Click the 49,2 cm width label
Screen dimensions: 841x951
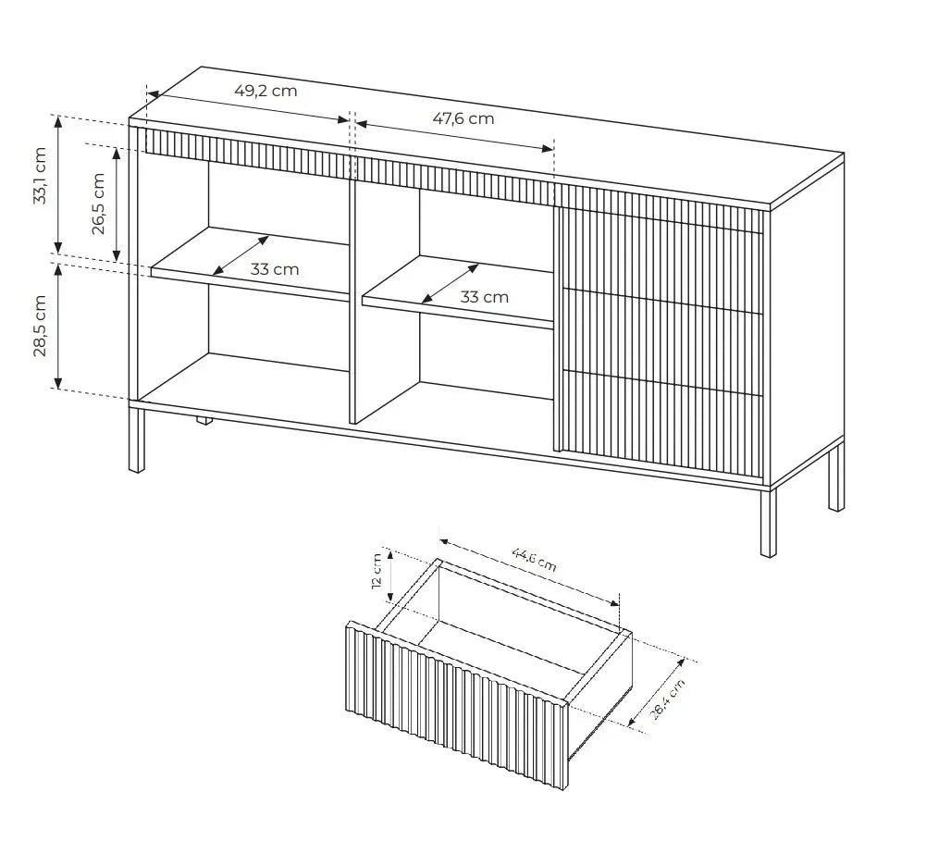pyautogui.click(x=266, y=91)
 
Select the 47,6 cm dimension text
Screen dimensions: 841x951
pyautogui.click(x=463, y=117)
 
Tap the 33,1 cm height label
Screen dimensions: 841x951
pyautogui.click(x=40, y=176)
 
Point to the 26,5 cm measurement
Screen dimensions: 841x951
pyautogui.click(x=98, y=204)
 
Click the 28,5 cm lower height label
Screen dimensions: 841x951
pyautogui.click(x=40, y=326)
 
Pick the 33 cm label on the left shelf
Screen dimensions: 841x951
pyautogui.click(x=275, y=269)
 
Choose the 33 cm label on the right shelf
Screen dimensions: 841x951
pyautogui.click(x=485, y=297)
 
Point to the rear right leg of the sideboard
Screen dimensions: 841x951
pyautogui.click(x=835, y=476)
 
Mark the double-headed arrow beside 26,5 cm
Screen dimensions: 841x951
pyautogui.click(x=117, y=203)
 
